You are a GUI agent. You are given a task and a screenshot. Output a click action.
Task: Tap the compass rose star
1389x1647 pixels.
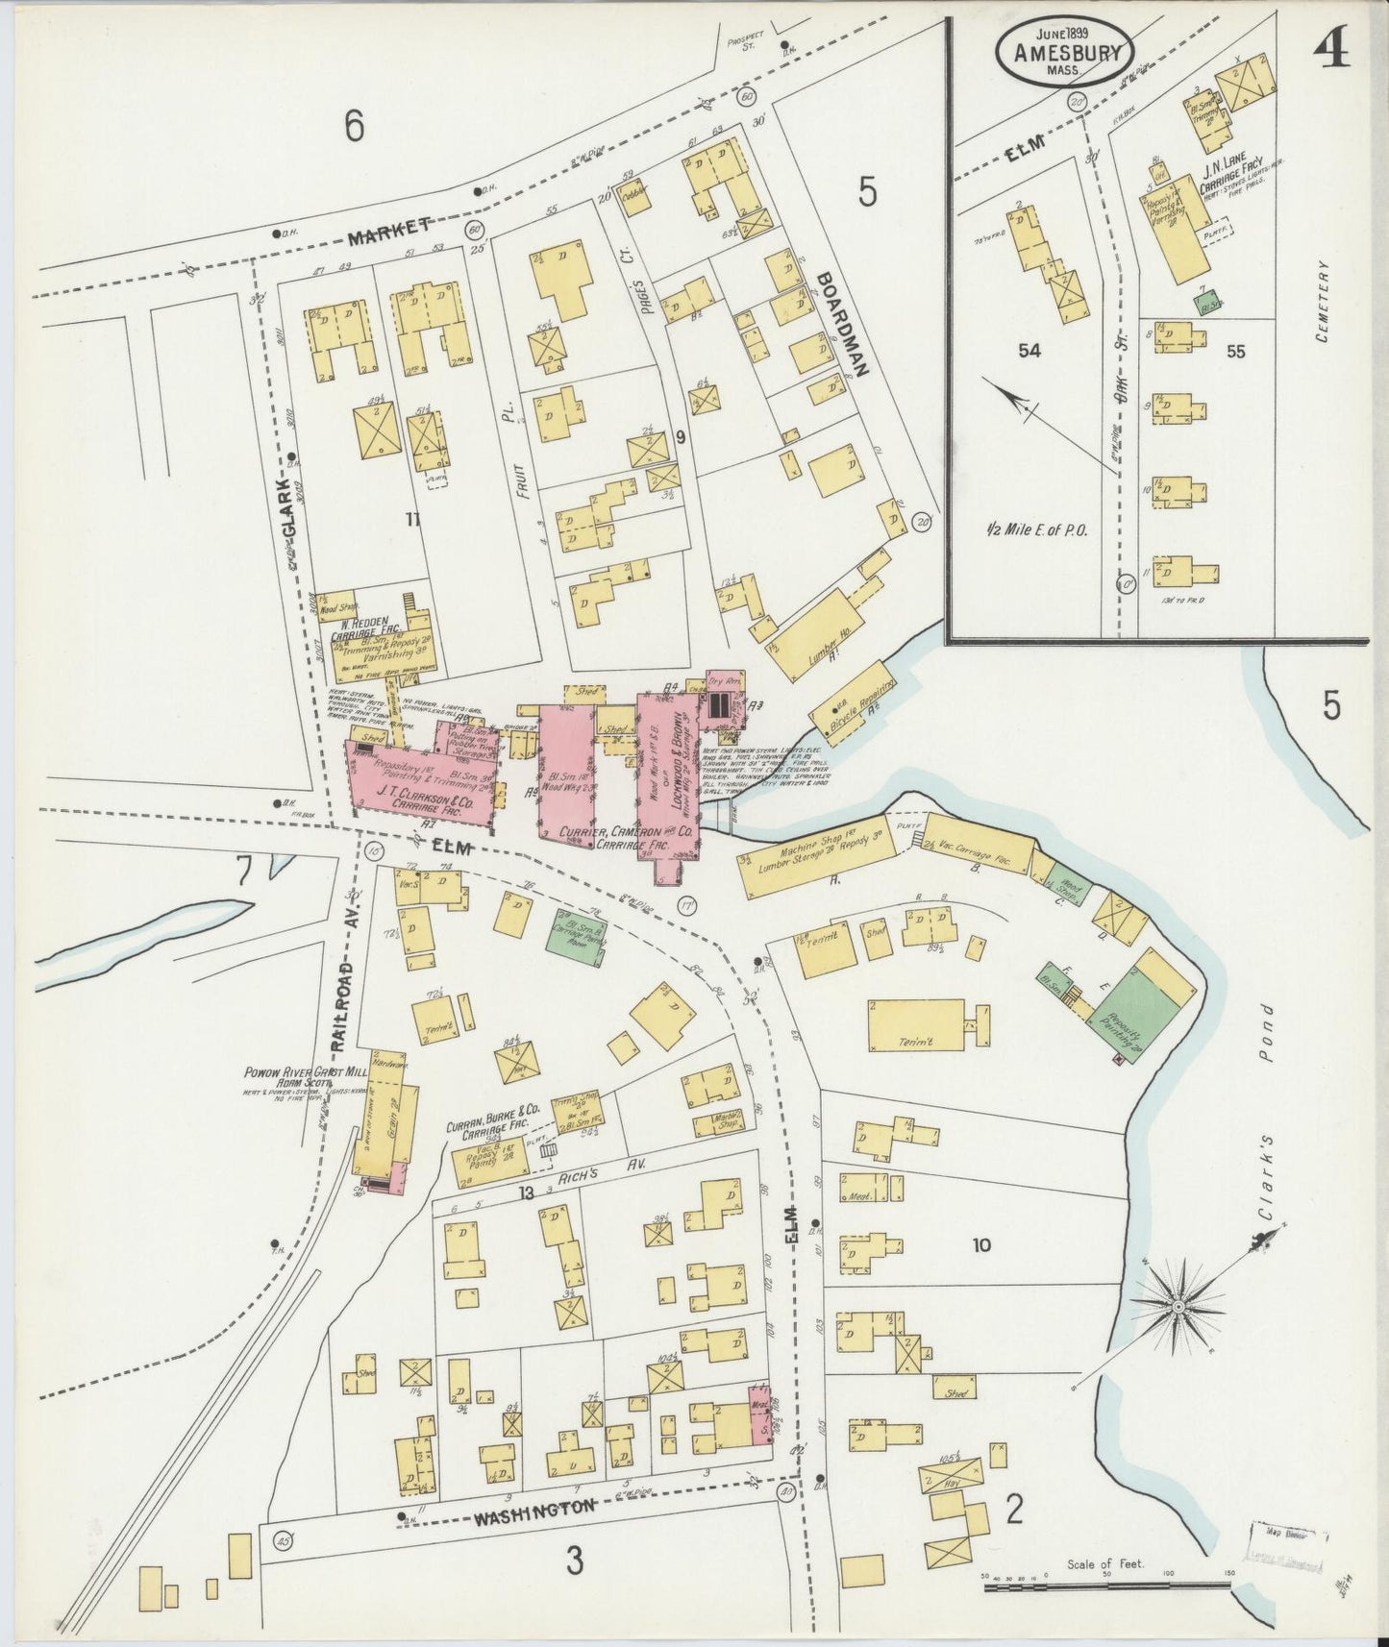tap(1178, 1307)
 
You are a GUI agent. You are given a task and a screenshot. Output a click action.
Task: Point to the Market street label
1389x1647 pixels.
tap(388, 227)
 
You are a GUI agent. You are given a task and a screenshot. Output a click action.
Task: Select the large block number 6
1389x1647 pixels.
tap(355, 126)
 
